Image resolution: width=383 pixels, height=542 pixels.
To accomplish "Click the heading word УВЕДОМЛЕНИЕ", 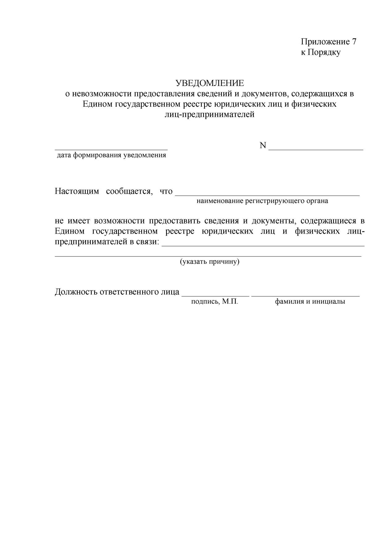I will (210, 83).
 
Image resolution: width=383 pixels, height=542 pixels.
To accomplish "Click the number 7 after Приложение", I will (354, 42).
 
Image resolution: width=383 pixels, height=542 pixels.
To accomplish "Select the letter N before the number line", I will (263, 145).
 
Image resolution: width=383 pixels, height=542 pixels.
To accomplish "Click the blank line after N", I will (316, 149).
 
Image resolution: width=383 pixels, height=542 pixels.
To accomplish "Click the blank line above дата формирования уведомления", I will (111, 149).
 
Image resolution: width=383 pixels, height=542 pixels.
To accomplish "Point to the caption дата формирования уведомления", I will (111, 155).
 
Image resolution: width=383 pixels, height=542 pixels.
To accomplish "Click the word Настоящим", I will (77, 191).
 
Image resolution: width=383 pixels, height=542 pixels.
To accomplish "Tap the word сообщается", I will (129, 191).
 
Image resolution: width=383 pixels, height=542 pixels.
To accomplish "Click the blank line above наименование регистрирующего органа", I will (267, 195).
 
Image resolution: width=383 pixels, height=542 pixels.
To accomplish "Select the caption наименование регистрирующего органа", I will (262, 201).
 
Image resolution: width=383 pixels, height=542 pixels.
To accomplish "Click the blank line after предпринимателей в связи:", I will (263, 246).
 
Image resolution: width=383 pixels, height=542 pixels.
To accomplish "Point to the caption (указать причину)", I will (210, 262).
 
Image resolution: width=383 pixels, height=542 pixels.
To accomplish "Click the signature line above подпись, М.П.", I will (215, 296).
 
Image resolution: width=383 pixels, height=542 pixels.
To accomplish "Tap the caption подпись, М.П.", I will (214, 302).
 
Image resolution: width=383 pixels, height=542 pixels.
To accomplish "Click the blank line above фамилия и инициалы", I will (306, 296).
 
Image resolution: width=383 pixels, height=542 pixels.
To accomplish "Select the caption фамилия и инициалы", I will (310, 302).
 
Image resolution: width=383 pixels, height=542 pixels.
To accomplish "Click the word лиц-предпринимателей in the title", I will (210, 115).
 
